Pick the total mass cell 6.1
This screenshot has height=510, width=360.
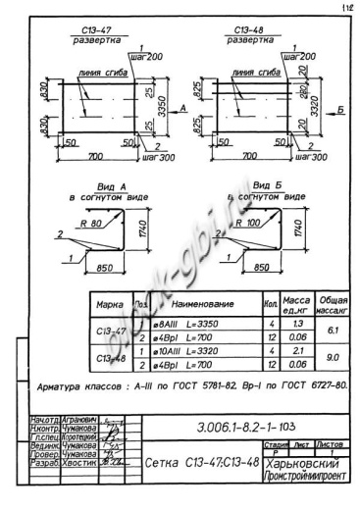click(333, 331)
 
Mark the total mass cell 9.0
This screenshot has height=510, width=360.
click(333, 357)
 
